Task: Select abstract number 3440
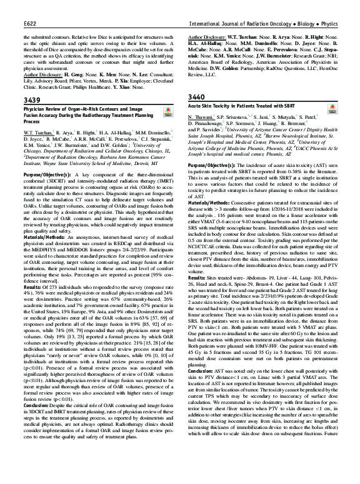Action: (197, 98)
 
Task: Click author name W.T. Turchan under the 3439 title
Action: (34, 133)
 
